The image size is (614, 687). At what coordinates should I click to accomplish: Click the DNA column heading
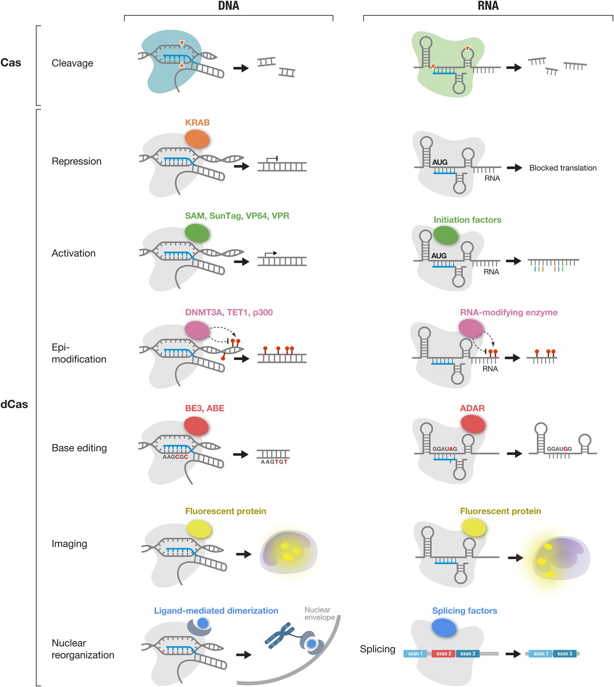[x=228, y=6]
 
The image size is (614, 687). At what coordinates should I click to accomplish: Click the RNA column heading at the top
[x=488, y=6]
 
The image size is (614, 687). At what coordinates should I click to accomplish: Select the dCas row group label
[x=14, y=404]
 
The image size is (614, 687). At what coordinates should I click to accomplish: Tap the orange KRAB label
[x=197, y=122]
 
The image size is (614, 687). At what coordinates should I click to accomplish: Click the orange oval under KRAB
[x=197, y=138]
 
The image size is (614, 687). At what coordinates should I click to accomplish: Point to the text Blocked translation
[x=563, y=168]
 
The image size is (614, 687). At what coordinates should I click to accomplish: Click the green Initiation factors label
[x=467, y=220]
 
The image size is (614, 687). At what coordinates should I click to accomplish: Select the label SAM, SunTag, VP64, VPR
[x=237, y=216]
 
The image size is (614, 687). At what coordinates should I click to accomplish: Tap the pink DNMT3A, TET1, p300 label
[x=228, y=312]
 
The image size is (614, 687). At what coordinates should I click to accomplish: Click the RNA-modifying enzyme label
[x=509, y=312]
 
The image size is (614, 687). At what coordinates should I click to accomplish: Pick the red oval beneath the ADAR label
[x=473, y=424]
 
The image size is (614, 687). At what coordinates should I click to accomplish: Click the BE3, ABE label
[x=204, y=408]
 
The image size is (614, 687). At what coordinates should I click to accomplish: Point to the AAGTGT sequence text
[x=274, y=462]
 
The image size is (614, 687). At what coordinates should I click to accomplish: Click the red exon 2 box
[x=443, y=654]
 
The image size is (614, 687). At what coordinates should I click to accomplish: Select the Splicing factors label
[x=464, y=611]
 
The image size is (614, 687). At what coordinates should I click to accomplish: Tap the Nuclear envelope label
[x=319, y=613]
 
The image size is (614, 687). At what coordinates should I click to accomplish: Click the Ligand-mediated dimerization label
[x=216, y=611]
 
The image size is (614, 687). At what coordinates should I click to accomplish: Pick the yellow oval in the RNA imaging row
[x=474, y=527]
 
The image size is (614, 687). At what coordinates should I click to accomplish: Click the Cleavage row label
[x=72, y=63]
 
